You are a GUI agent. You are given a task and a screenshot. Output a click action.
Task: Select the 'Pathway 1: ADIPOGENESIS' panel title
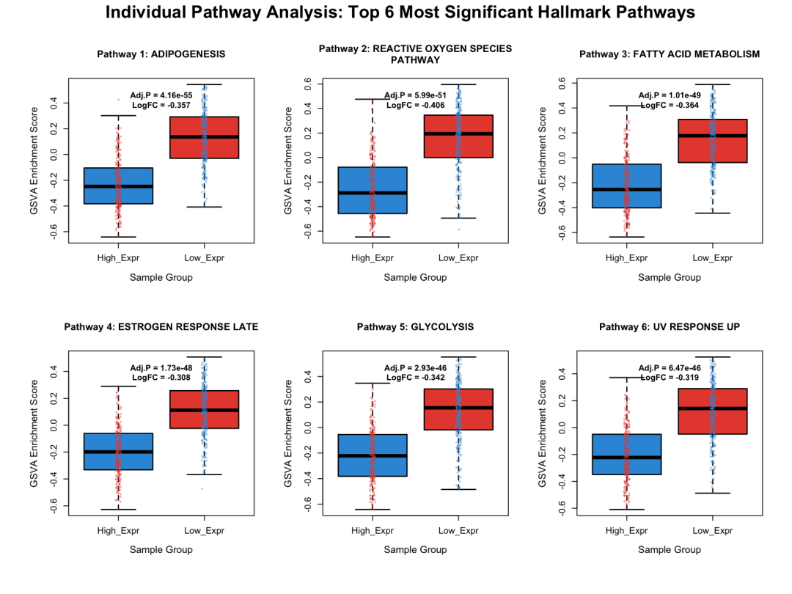pyautogui.click(x=161, y=54)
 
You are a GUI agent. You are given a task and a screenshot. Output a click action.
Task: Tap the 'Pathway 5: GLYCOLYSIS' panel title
pyautogui.click(x=415, y=327)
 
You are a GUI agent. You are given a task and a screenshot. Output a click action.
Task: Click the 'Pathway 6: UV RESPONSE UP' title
pyautogui.click(x=670, y=327)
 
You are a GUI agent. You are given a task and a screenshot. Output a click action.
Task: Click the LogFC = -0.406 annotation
pyautogui.click(x=415, y=106)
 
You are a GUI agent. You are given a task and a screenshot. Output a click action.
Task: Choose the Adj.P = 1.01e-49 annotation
pyautogui.click(x=670, y=95)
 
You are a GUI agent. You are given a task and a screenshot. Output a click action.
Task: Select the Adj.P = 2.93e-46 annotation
pyautogui.click(x=415, y=367)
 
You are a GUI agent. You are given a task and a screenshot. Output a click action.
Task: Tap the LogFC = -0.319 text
pyautogui.click(x=670, y=378)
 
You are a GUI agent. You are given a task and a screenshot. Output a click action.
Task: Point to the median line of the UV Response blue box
pyautogui.click(x=626, y=458)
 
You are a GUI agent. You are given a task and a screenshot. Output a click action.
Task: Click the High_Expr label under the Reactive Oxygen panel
pyautogui.click(x=372, y=257)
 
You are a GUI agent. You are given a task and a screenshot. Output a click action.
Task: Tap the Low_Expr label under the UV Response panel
pyautogui.click(x=712, y=530)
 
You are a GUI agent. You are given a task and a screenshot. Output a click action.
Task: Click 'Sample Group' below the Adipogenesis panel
pyautogui.click(x=161, y=277)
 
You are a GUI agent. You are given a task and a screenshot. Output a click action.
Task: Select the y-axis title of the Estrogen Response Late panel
pyautogui.click(x=34, y=439)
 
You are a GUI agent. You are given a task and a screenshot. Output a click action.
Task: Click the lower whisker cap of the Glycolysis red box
pyautogui.click(x=458, y=489)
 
